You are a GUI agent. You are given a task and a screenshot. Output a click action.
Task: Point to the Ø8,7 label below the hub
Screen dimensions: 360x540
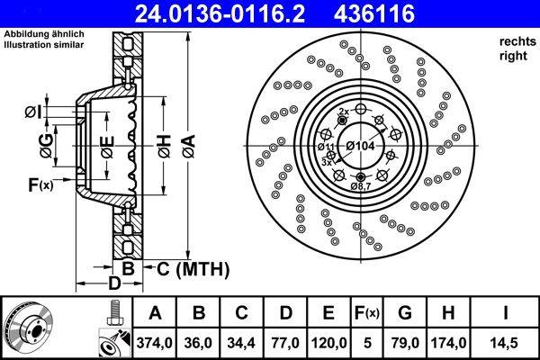click(x=361, y=186)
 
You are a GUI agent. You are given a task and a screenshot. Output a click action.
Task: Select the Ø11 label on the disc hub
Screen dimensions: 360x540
click(x=325, y=146)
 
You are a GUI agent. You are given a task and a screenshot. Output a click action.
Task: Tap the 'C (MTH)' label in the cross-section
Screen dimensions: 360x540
click(x=193, y=268)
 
